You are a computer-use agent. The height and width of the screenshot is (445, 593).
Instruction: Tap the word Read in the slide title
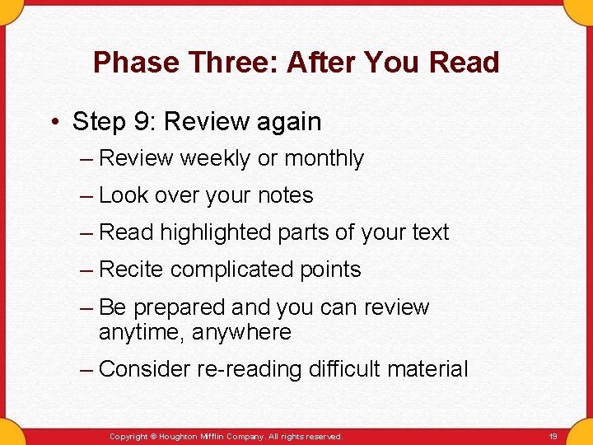point(466,63)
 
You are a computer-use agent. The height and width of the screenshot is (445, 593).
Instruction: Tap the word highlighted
point(215,232)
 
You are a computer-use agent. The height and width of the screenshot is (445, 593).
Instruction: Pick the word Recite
point(132,269)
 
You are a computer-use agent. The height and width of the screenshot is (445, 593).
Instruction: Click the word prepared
point(179,307)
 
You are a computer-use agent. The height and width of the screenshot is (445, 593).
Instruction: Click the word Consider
point(144,369)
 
